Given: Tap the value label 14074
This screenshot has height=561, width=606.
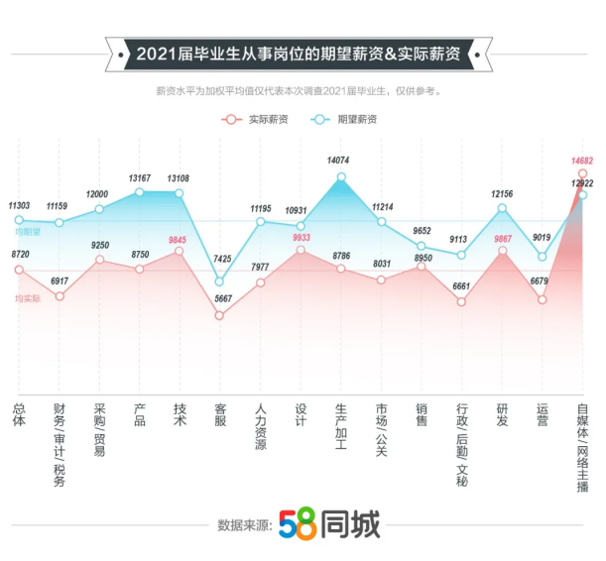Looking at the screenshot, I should pyautogui.click(x=340, y=160).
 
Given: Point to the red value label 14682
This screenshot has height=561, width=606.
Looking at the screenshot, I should pyautogui.click(x=582, y=160).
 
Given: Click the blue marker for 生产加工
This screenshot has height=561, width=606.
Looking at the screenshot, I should pyautogui.click(x=341, y=177).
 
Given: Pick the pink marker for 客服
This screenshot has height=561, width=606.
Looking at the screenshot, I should pyautogui.click(x=220, y=315).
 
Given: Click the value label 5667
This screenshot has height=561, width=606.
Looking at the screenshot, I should pyautogui.click(x=220, y=298).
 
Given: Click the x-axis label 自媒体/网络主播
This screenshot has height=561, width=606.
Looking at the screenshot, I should pyautogui.click(x=583, y=446).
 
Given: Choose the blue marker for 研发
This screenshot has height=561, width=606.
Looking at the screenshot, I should pyautogui.click(x=503, y=208).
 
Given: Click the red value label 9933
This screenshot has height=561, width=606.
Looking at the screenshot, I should pyautogui.click(x=301, y=237).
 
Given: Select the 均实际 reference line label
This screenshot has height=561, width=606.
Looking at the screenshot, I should pyautogui.click(x=28, y=297).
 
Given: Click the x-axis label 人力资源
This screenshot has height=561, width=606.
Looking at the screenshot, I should pyautogui.click(x=260, y=426).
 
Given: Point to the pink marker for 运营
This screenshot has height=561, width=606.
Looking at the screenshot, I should pyautogui.click(x=543, y=298).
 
